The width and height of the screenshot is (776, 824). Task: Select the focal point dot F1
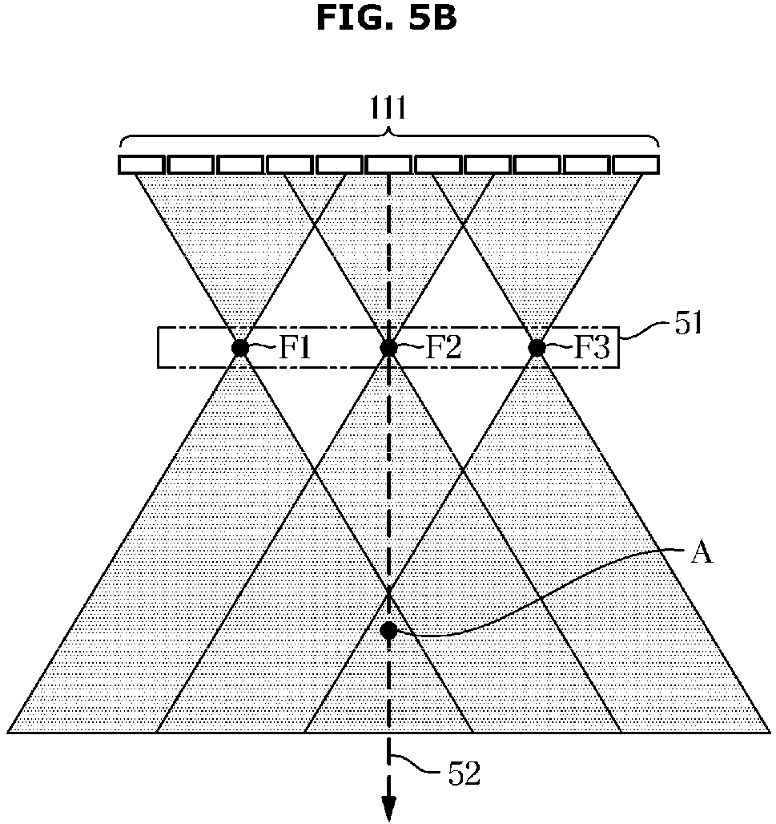point(239,348)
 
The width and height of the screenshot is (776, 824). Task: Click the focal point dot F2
point(388,348)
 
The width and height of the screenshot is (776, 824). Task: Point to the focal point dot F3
point(537,348)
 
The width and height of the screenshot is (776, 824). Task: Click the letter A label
point(702,553)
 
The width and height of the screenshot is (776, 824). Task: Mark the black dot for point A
point(388,630)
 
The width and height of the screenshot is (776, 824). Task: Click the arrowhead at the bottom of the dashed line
point(389,810)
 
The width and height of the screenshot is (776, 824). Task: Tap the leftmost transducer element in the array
point(142,164)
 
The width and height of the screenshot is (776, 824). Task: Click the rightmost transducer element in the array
point(637,164)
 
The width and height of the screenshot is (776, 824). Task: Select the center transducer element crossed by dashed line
point(389,164)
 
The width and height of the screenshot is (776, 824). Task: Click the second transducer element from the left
point(191,164)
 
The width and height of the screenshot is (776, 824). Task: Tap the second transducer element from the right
point(587,164)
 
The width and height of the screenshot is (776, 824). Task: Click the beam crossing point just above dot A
point(388,592)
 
